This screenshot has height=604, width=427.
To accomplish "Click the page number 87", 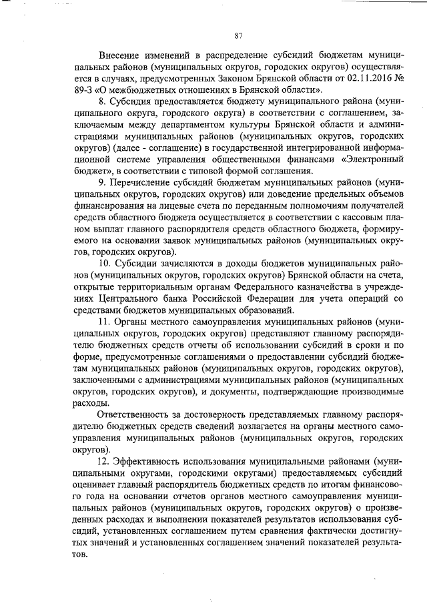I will (x=238, y=35).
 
